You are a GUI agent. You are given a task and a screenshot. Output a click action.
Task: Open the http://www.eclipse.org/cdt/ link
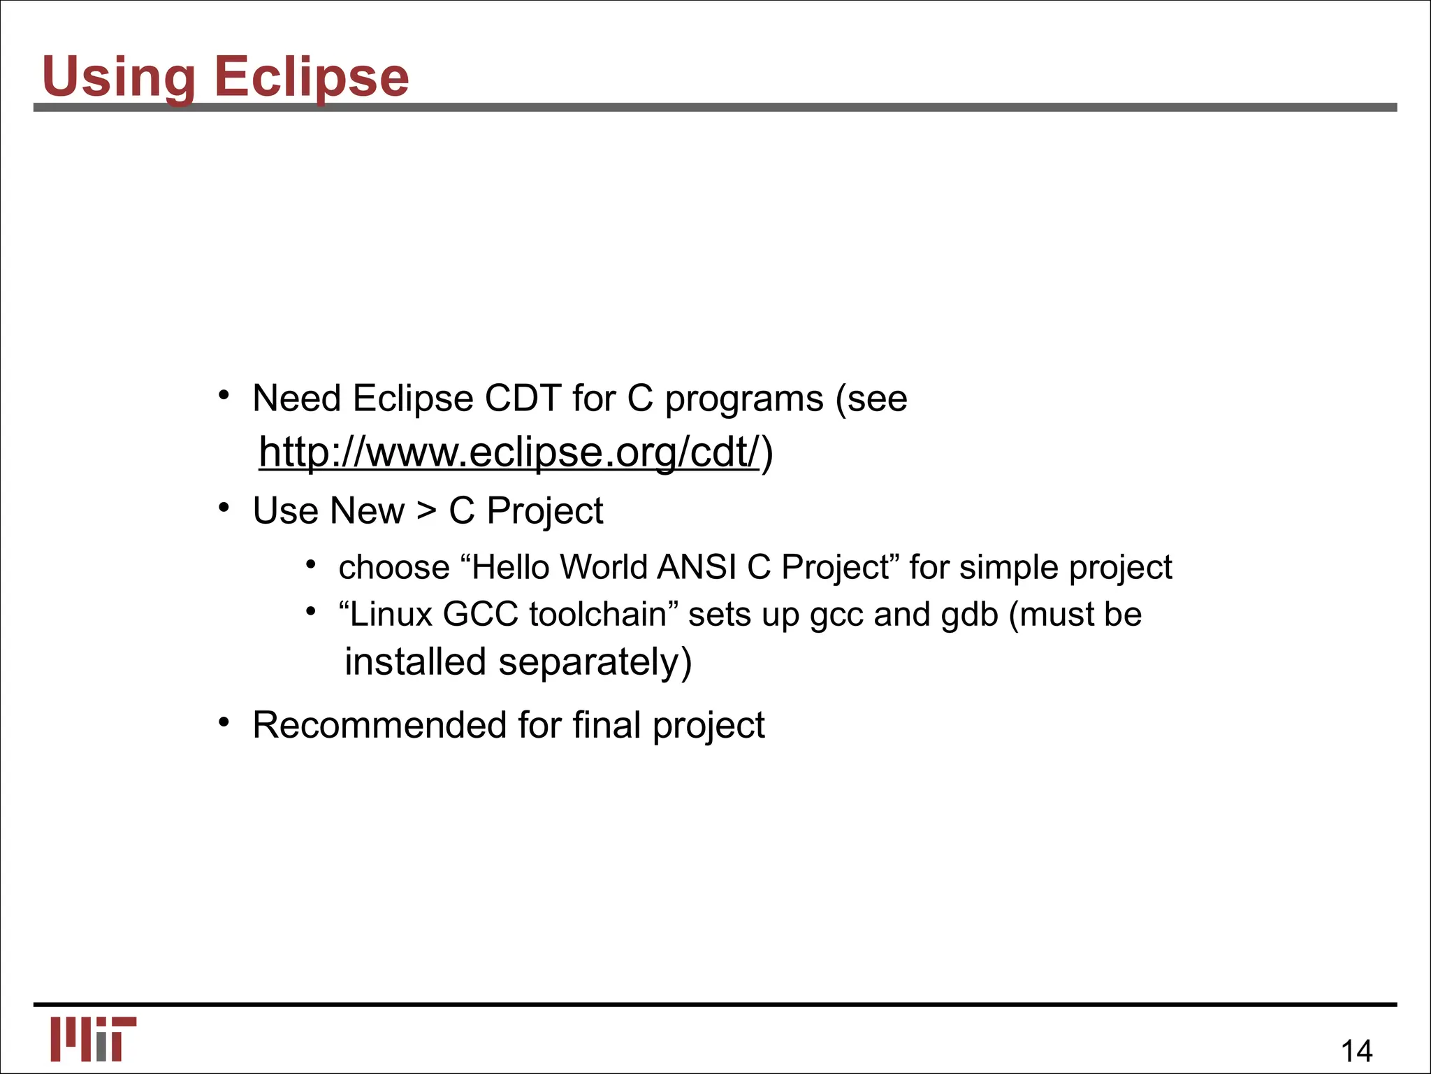point(509,452)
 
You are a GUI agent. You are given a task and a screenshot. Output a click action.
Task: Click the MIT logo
point(93,1039)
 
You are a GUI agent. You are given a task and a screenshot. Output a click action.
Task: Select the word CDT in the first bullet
point(523,399)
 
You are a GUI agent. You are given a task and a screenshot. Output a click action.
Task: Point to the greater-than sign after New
point(426,510)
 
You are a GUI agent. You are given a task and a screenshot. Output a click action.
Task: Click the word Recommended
point(379,725)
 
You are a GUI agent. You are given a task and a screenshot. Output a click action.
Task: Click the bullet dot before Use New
point(224,508)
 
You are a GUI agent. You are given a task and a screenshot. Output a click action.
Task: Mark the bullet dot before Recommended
point(224,722)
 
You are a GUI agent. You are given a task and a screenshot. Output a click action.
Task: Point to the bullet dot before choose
point(311,565)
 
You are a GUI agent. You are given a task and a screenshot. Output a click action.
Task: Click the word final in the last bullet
point(606,725)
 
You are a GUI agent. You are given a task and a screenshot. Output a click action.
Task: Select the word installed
point(415,662)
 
